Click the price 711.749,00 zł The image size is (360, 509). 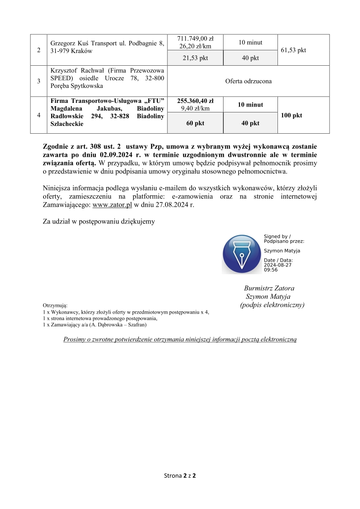point(195,39)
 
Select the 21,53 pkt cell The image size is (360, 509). point(195,58)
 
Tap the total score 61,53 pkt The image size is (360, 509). point(293,50)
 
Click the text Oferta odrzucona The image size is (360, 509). point(248,82)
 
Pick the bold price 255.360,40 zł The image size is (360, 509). point(195,101)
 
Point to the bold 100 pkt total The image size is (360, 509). point(292,116)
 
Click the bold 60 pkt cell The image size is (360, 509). point(195,123)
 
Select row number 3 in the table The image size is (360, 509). point(39,82)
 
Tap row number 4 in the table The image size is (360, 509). point(39,116)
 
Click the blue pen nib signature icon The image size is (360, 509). point(242,254)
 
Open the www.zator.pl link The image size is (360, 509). point(112,204)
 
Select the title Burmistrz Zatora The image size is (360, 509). point(269,288)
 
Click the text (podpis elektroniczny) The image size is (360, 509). point(272,305)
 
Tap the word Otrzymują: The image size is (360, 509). point(55,306)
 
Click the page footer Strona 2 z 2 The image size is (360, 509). point(180,476)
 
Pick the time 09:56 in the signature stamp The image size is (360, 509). point(271,270)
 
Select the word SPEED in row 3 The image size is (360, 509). point(61,78)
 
